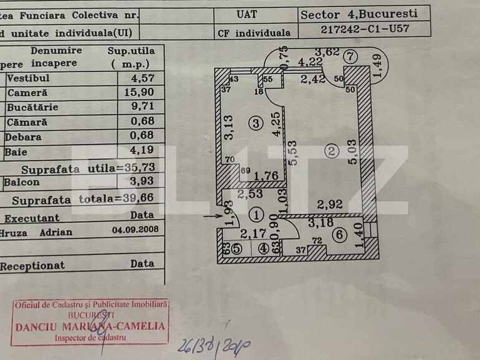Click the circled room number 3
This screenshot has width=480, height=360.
255,123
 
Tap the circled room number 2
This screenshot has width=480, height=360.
331,150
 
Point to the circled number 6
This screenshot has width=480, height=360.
339,235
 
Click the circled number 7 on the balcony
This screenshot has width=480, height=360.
351,55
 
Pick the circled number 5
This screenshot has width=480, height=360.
236,248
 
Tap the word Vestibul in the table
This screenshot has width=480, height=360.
28,78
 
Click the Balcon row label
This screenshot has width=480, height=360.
22,182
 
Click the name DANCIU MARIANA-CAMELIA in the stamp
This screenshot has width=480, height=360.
90,326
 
